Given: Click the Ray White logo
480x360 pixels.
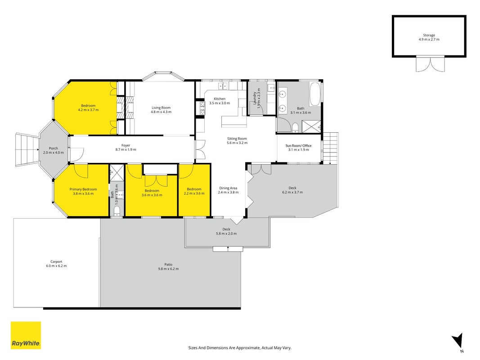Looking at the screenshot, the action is point(26,335).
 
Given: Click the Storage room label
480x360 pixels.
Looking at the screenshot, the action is point(429,35).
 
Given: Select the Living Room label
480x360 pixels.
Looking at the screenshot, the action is point(161,108).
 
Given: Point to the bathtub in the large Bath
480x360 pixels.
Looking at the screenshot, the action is point(315,94).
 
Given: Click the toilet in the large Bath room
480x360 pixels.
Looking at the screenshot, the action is point(295,127).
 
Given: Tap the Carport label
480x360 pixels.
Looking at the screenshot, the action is point(56,262).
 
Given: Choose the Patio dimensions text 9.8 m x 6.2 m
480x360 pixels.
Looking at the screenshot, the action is point(168,269).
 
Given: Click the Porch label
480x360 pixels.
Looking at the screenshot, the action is point(53,148).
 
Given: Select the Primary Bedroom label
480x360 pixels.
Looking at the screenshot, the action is point(83,189).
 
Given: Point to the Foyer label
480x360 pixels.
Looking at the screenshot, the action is point(126,145).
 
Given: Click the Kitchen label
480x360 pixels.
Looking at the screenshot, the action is point(220,99).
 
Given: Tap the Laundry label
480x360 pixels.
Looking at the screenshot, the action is point(254,98).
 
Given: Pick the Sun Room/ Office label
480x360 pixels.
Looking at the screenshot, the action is point(298,146).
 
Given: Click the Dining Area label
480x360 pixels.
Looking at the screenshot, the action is point(228,188).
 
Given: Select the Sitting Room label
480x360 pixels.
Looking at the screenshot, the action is point(237,139).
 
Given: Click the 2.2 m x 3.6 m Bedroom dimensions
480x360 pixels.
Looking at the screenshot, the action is point(194,193).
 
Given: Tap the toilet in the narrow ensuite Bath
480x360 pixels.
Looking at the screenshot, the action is point(117,211).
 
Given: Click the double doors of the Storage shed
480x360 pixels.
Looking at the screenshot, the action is point(430,64).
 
